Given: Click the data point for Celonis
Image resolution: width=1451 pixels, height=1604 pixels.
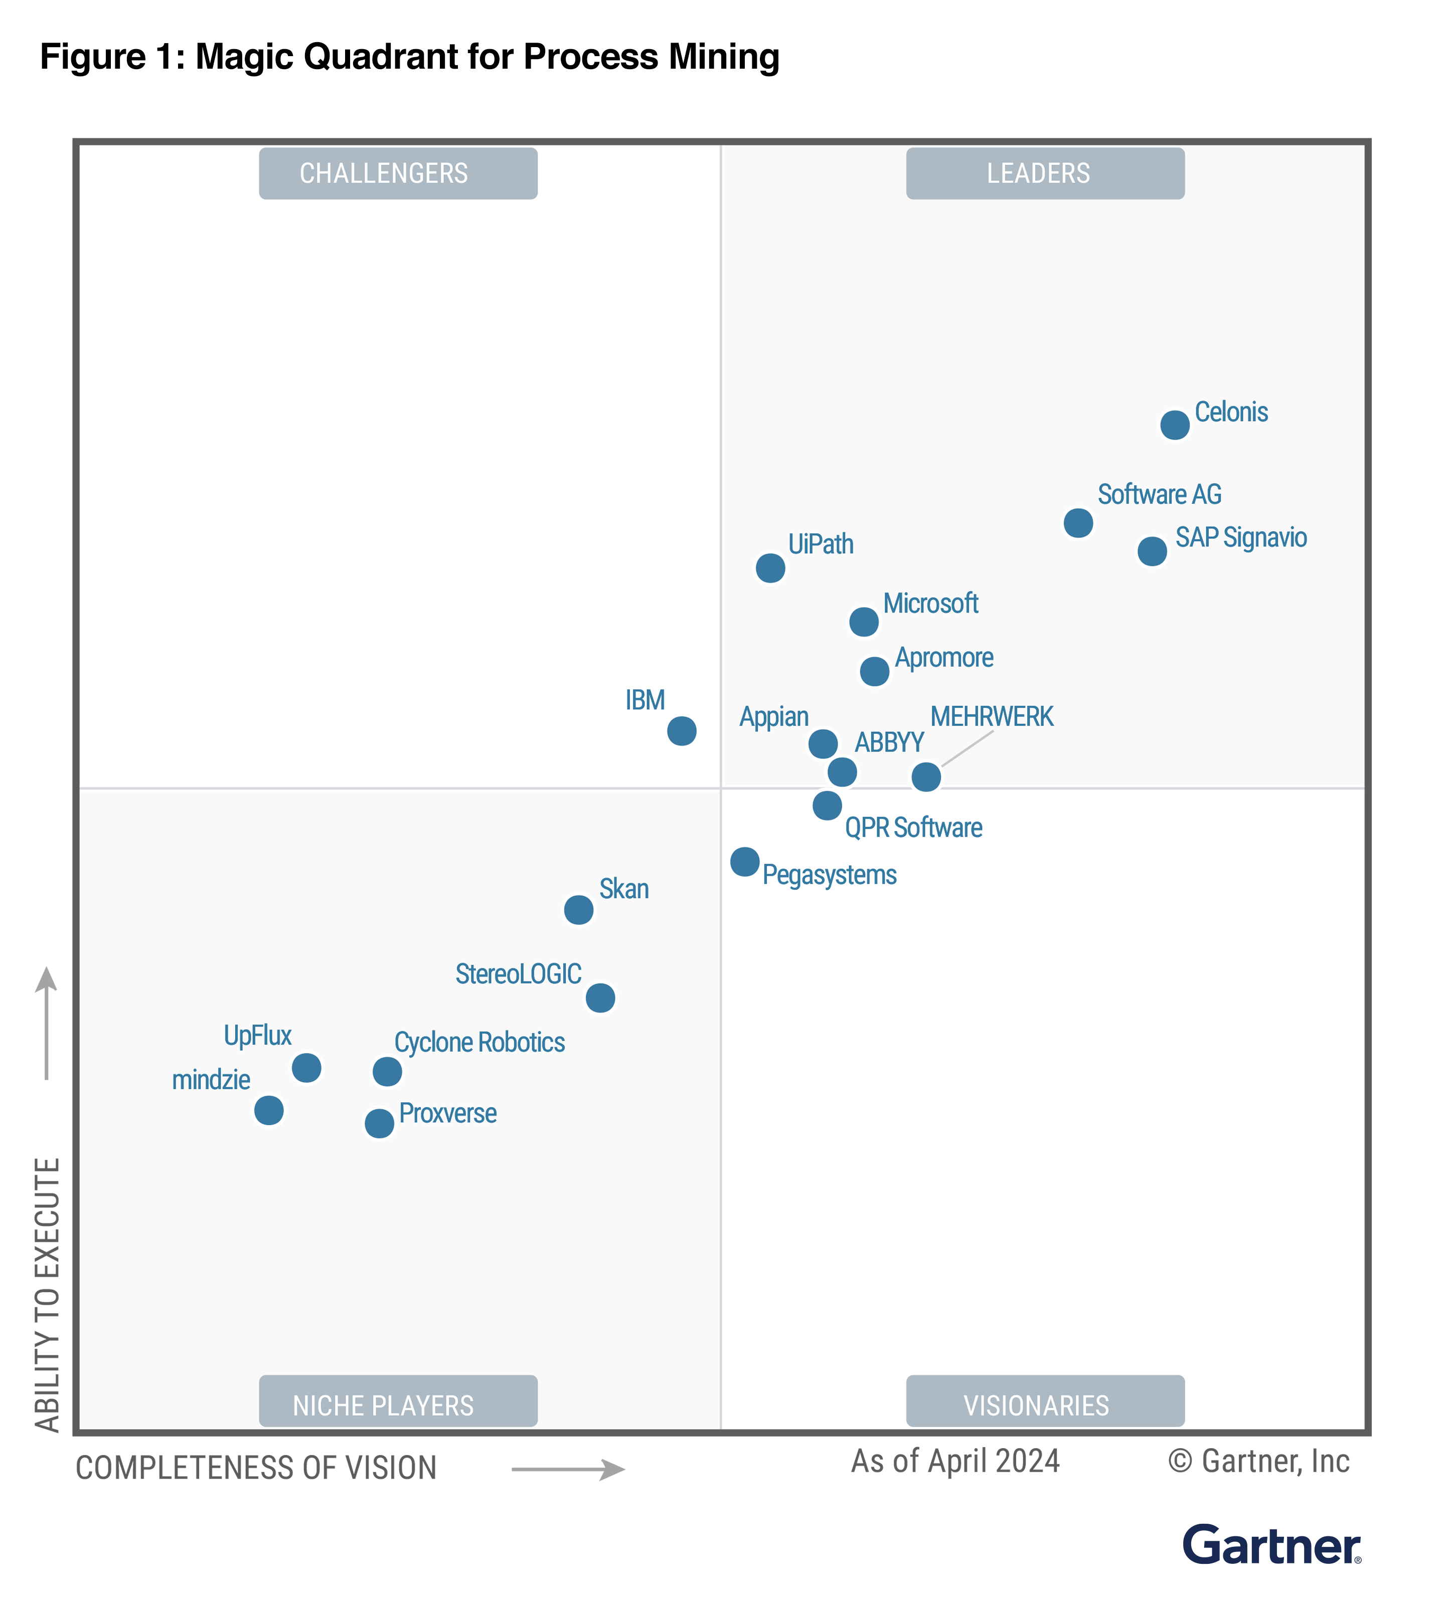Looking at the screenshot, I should click(x=1174, y=425).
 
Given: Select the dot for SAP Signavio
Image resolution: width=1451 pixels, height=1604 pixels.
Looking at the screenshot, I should click(x=1152, y=550).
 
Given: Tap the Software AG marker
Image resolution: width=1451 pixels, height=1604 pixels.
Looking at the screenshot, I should click(x=1078, y=523).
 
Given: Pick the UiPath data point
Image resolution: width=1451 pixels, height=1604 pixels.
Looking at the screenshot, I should click(x=770, y=568).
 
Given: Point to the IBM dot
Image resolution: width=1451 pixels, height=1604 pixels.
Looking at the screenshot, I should click(x=681, y=730).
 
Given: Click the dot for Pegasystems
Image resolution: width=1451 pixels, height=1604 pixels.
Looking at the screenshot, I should click(x=744, y=861).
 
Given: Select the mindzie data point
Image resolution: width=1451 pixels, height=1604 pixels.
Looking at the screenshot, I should click(x=268, y=1110).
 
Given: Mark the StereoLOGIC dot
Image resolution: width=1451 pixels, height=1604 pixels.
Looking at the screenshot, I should click(x=600, y=997).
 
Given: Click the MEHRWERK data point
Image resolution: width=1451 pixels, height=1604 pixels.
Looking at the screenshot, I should click(x=926, y=776).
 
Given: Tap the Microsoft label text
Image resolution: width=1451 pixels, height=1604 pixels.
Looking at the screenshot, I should click(x=930, y=603).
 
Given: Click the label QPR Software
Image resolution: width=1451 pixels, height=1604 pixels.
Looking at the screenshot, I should click(x=913, y=828).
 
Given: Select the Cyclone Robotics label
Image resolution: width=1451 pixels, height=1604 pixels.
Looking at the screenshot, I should click(x=479, y=1042).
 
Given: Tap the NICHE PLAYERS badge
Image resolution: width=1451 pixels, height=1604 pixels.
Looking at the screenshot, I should click(x=398, y=1405).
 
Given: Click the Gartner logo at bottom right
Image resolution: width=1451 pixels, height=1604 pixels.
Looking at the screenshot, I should click(x=1270, y=1546).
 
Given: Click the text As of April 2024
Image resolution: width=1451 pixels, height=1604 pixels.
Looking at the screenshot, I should click(x=955, y=1462).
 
